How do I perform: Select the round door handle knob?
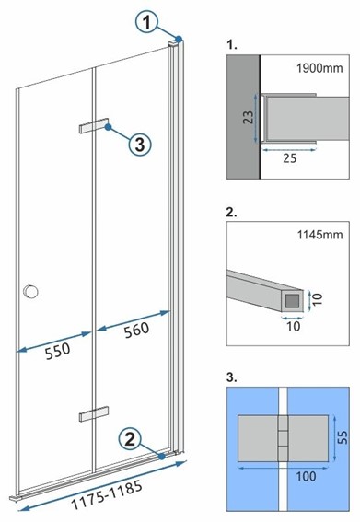pyautogui.click(x=32, y=292)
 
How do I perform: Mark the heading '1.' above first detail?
pyautogui.click(x=229, y=42)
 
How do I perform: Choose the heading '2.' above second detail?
pyautogui.click(x=230, y=213)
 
